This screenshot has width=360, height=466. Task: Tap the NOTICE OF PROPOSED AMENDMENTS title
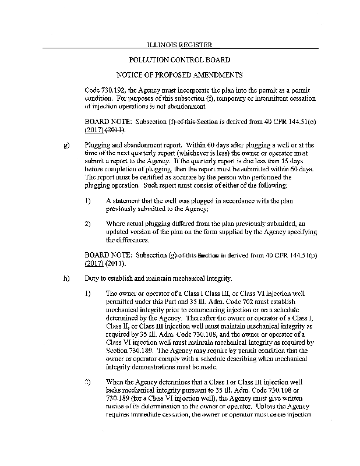click(x=179, y=75)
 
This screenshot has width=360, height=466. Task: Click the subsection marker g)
click(x=65, y=144)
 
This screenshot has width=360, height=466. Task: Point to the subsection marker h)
click(x=65, y=278)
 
